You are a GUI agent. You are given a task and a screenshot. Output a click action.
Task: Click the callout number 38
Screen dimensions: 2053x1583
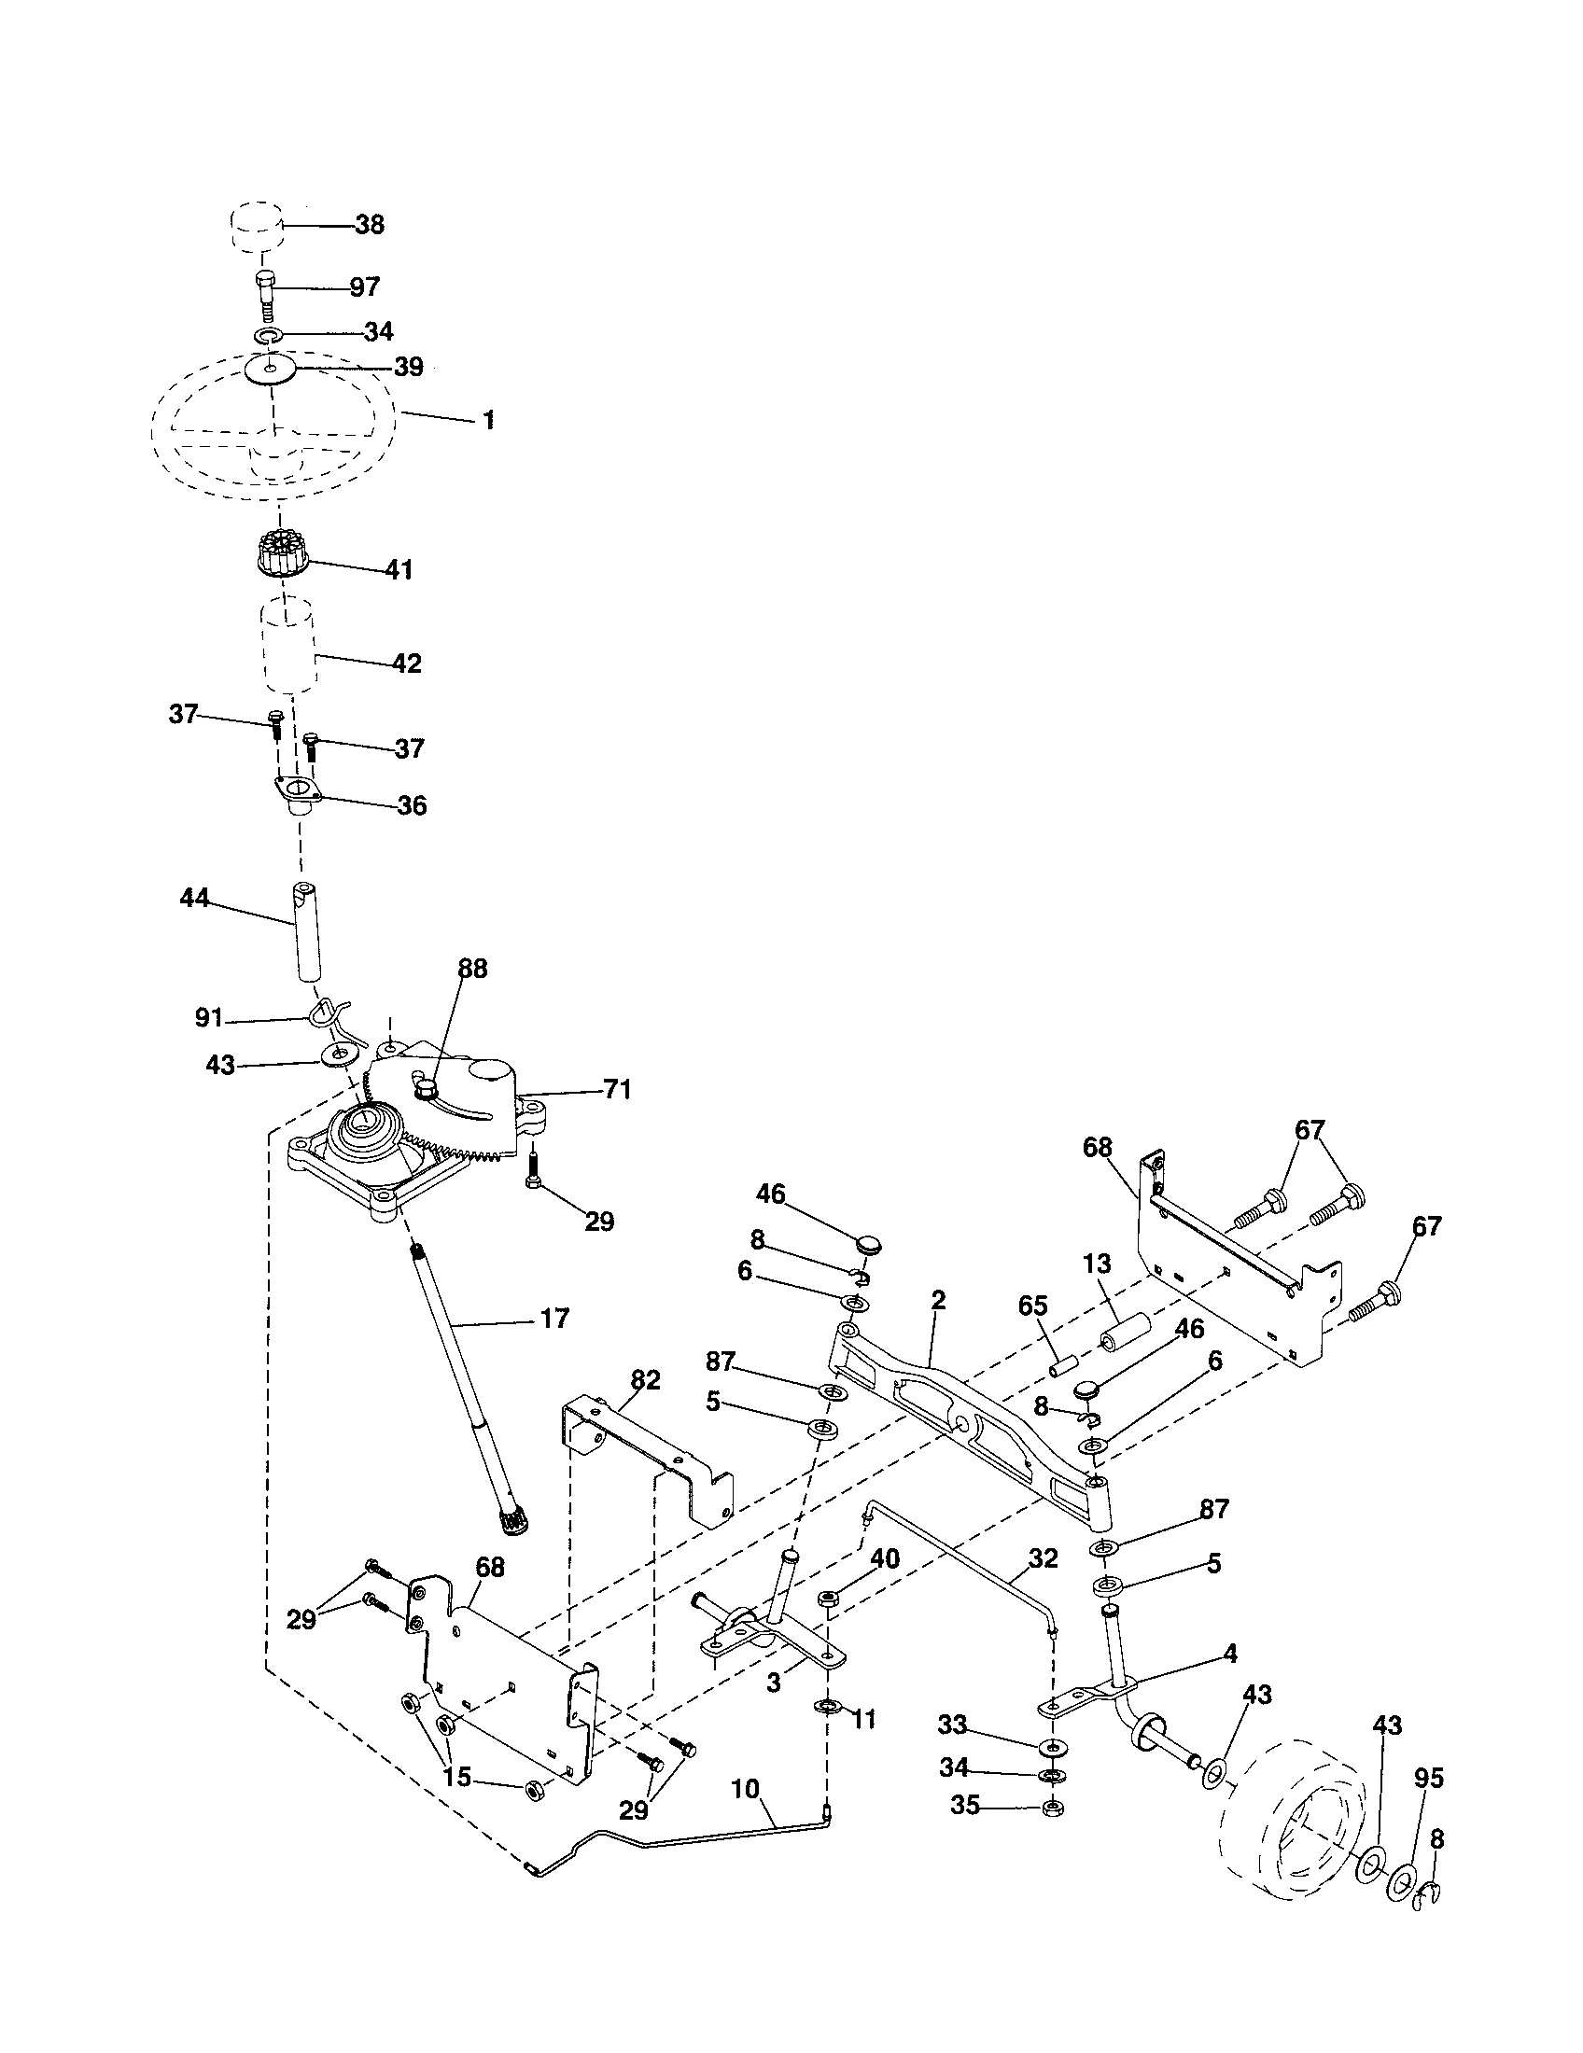click(370, 225)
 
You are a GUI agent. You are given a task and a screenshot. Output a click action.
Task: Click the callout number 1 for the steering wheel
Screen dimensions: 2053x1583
click(488, 420)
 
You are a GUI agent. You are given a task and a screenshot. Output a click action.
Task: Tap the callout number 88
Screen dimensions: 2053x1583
click(473, 969)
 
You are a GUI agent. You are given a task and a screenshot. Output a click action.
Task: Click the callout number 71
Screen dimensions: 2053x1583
click(618, 1089)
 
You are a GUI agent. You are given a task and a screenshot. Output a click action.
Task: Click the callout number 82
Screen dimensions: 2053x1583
click(646, 1380)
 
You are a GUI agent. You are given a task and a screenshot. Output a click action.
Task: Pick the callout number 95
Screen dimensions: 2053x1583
click(1429, 1778)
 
